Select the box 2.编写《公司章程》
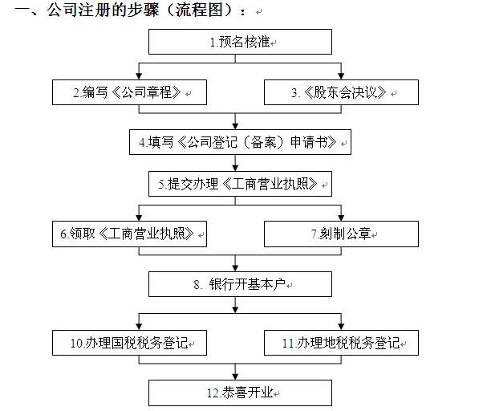point(129,93)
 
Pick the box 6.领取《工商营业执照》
point(129,234)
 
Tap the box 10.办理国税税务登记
point(129,343)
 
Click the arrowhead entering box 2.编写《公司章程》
point(140,76)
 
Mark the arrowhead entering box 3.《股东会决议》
point(343,76)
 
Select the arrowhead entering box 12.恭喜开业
point(235,376)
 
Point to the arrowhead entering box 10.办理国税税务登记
point(140,326)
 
